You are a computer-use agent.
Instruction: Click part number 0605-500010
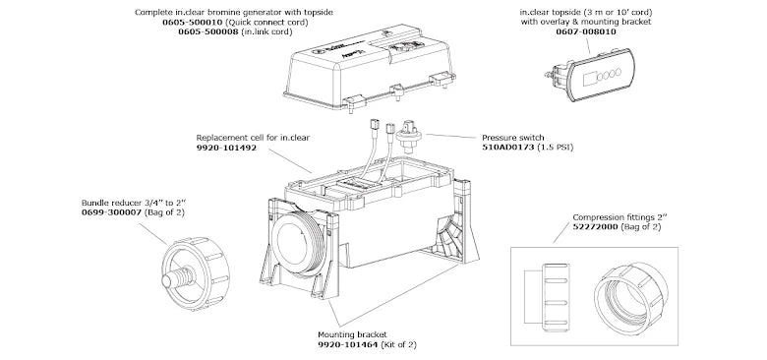(x=192, y=22)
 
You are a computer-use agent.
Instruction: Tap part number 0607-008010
(x=586, y=31)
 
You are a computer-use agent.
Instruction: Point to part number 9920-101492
(x=226, y=148)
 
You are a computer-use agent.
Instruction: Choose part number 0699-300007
(x=112, y=212)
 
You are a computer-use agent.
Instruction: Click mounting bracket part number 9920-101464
(x=348, y=344)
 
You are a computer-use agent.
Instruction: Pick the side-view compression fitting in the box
(x=547, y=296)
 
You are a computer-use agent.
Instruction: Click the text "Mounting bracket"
(x=352, y=334)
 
